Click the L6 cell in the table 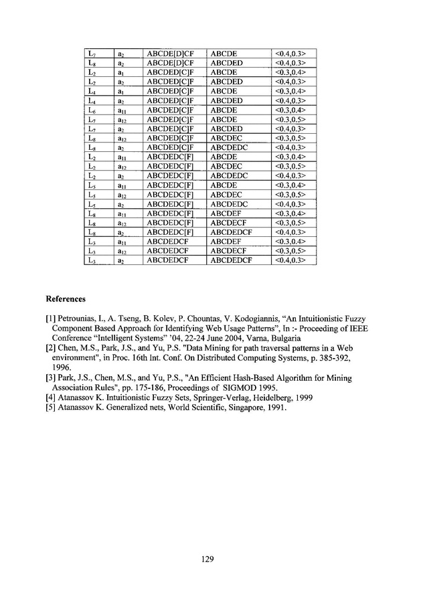pos(92,109)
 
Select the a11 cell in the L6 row pos(120,109)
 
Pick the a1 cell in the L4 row pos(120,90)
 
